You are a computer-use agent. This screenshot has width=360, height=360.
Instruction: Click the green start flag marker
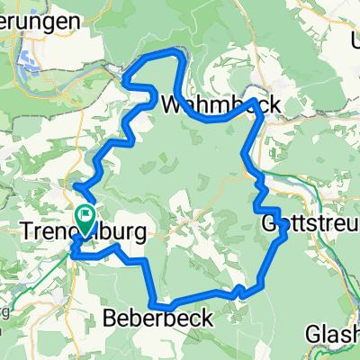pyautogui.click(x=86, y=216)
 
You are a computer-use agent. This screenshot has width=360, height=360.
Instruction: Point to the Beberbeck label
pyautogui.click(x=157, y=318)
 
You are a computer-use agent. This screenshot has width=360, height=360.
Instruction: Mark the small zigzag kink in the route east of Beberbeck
pyautogui.click(x=238, y=292)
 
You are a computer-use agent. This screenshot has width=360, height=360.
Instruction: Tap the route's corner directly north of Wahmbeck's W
pyautogui.click(x=182, y=56)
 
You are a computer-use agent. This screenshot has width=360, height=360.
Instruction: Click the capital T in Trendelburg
pyautogui.click(x=26, y=232)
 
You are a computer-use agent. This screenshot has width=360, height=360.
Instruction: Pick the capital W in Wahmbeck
pyautogui.click(x=173, y=105)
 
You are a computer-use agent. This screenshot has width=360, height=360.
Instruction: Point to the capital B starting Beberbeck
pyautogui.click(x=111, y=318)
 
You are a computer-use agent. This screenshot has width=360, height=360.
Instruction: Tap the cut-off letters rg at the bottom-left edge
pyautogui.click(x=4, y=312)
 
